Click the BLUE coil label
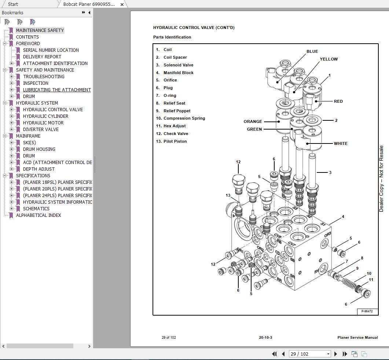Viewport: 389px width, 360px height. point(312,51)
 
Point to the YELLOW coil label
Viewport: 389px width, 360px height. point(329,59)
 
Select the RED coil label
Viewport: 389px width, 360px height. point(338,101)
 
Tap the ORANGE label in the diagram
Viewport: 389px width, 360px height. point(253,121)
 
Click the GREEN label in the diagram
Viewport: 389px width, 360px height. point(254,129)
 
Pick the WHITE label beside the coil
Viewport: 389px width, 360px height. point(340,143)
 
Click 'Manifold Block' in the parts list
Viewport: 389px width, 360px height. point(178,73)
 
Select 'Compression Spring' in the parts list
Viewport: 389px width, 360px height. point(184,118)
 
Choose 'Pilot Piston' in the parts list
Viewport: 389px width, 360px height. point(175,141)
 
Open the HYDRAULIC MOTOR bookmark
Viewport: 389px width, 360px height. point(43,123)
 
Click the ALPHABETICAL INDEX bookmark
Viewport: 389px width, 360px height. point(38,215)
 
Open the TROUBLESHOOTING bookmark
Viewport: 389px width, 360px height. point(44,76)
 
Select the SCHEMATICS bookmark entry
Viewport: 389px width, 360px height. point(36,208)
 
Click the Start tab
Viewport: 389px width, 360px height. point(13,4)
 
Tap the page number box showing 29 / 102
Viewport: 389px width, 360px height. point(309,354)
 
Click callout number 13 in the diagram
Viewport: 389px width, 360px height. point(228,196)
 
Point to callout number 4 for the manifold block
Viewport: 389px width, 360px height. point(343,217)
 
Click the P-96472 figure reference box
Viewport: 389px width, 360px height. point(367,311)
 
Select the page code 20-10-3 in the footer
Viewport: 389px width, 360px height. point(265,338)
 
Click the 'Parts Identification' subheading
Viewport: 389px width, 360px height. point(172,37)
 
